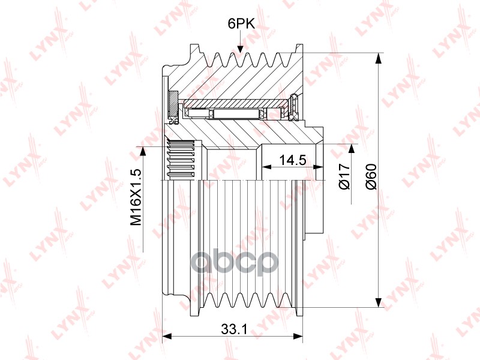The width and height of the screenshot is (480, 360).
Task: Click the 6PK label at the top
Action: click(x=241, y=23)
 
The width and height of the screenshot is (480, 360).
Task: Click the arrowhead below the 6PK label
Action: click(x=240, y=49)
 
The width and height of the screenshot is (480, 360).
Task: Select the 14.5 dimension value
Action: click(x=293, y=160)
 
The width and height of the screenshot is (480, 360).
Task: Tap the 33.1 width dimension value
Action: click(x=234, y=329)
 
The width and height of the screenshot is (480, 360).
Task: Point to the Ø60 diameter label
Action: click(x=371, y=177)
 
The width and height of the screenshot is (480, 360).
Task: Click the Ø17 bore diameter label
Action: click(x=344, y=176)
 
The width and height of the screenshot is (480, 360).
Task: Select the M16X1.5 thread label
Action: click(x=136, y=197)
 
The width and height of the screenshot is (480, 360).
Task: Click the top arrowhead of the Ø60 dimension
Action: click(x=379, y=58)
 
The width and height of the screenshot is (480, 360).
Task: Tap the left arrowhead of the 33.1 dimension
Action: click(x=166, y=336)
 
